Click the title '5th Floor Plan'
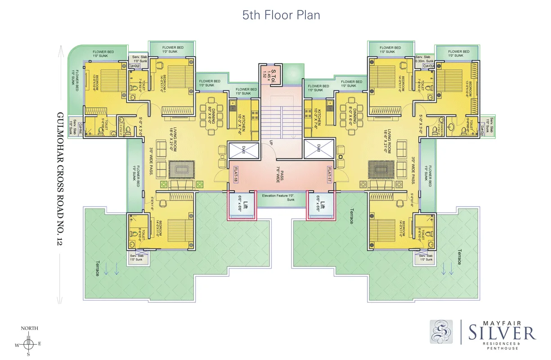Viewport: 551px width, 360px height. tap(281, 15)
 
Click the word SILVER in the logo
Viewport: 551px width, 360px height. tap(502, 333)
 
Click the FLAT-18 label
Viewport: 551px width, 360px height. tap(235, 175)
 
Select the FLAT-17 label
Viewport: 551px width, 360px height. tap(329, 175)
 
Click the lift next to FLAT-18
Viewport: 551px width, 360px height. tap(243, 205)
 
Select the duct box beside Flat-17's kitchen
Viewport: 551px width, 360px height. tap(318, 149)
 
